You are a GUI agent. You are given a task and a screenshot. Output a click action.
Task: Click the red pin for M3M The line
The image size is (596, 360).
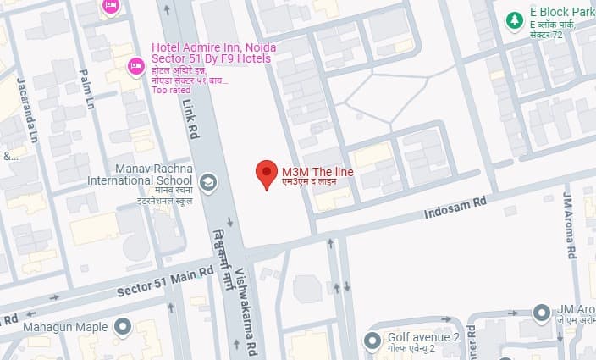[x=267, y=174]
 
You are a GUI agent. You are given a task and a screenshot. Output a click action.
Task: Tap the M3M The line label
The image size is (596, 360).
[x=317, y=172]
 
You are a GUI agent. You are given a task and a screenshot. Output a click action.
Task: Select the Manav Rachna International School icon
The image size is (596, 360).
[x=207, y=181]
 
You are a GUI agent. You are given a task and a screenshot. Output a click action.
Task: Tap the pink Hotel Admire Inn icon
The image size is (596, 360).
[x=135, y=65]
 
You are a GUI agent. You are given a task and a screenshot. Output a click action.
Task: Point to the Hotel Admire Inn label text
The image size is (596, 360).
[x=210, y=53]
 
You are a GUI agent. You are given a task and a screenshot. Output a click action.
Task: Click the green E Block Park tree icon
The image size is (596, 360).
[x=513, y=19]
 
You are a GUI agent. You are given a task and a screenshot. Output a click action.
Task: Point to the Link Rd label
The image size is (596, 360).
[x=189, y=116]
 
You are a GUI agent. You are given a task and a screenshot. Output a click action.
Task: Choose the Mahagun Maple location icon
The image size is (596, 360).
[x=122, y=326]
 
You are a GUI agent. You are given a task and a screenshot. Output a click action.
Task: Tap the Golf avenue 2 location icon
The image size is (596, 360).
[x=372, y=341]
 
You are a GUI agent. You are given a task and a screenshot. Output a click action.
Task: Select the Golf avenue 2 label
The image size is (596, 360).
[x=423, y=337]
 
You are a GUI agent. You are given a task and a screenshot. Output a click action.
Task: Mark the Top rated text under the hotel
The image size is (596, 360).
[x=170, y=91]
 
